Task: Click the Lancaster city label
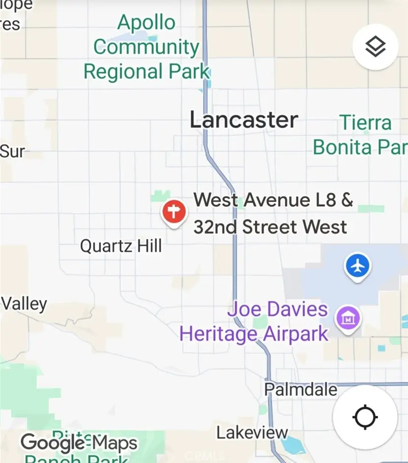(x=244, y=120)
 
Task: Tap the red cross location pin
(x=173, y=213)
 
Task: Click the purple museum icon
(x=348, y=319)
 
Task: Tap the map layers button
(x=376, y=47)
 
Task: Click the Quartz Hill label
(x=121, y=246)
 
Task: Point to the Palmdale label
(x=300, y=390)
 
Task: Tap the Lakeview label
(x=252, y=433)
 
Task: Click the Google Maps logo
(x=79, y=443)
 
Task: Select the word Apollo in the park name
(x=146, y=23)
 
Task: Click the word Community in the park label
(x=146, y=48)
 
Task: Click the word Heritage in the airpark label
(x=219, y=334)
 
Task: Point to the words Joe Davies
(x=277, y=309)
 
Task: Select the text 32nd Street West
(x=270, y=228)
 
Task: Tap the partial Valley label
(x=24, y=304)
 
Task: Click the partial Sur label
(x=12, y=151)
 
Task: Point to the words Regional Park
(x=146, y=72)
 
